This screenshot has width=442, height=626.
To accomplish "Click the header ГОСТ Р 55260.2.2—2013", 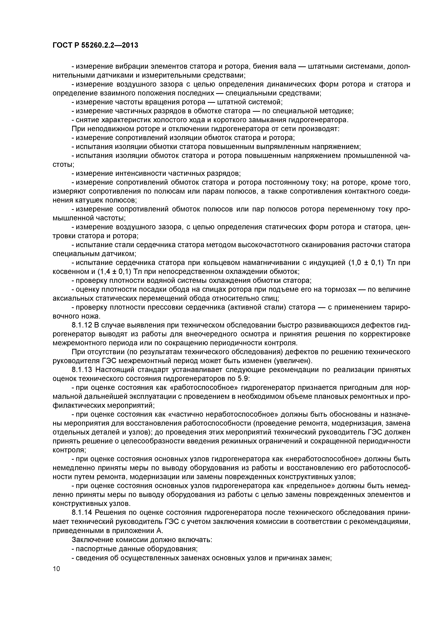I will [95, 45].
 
